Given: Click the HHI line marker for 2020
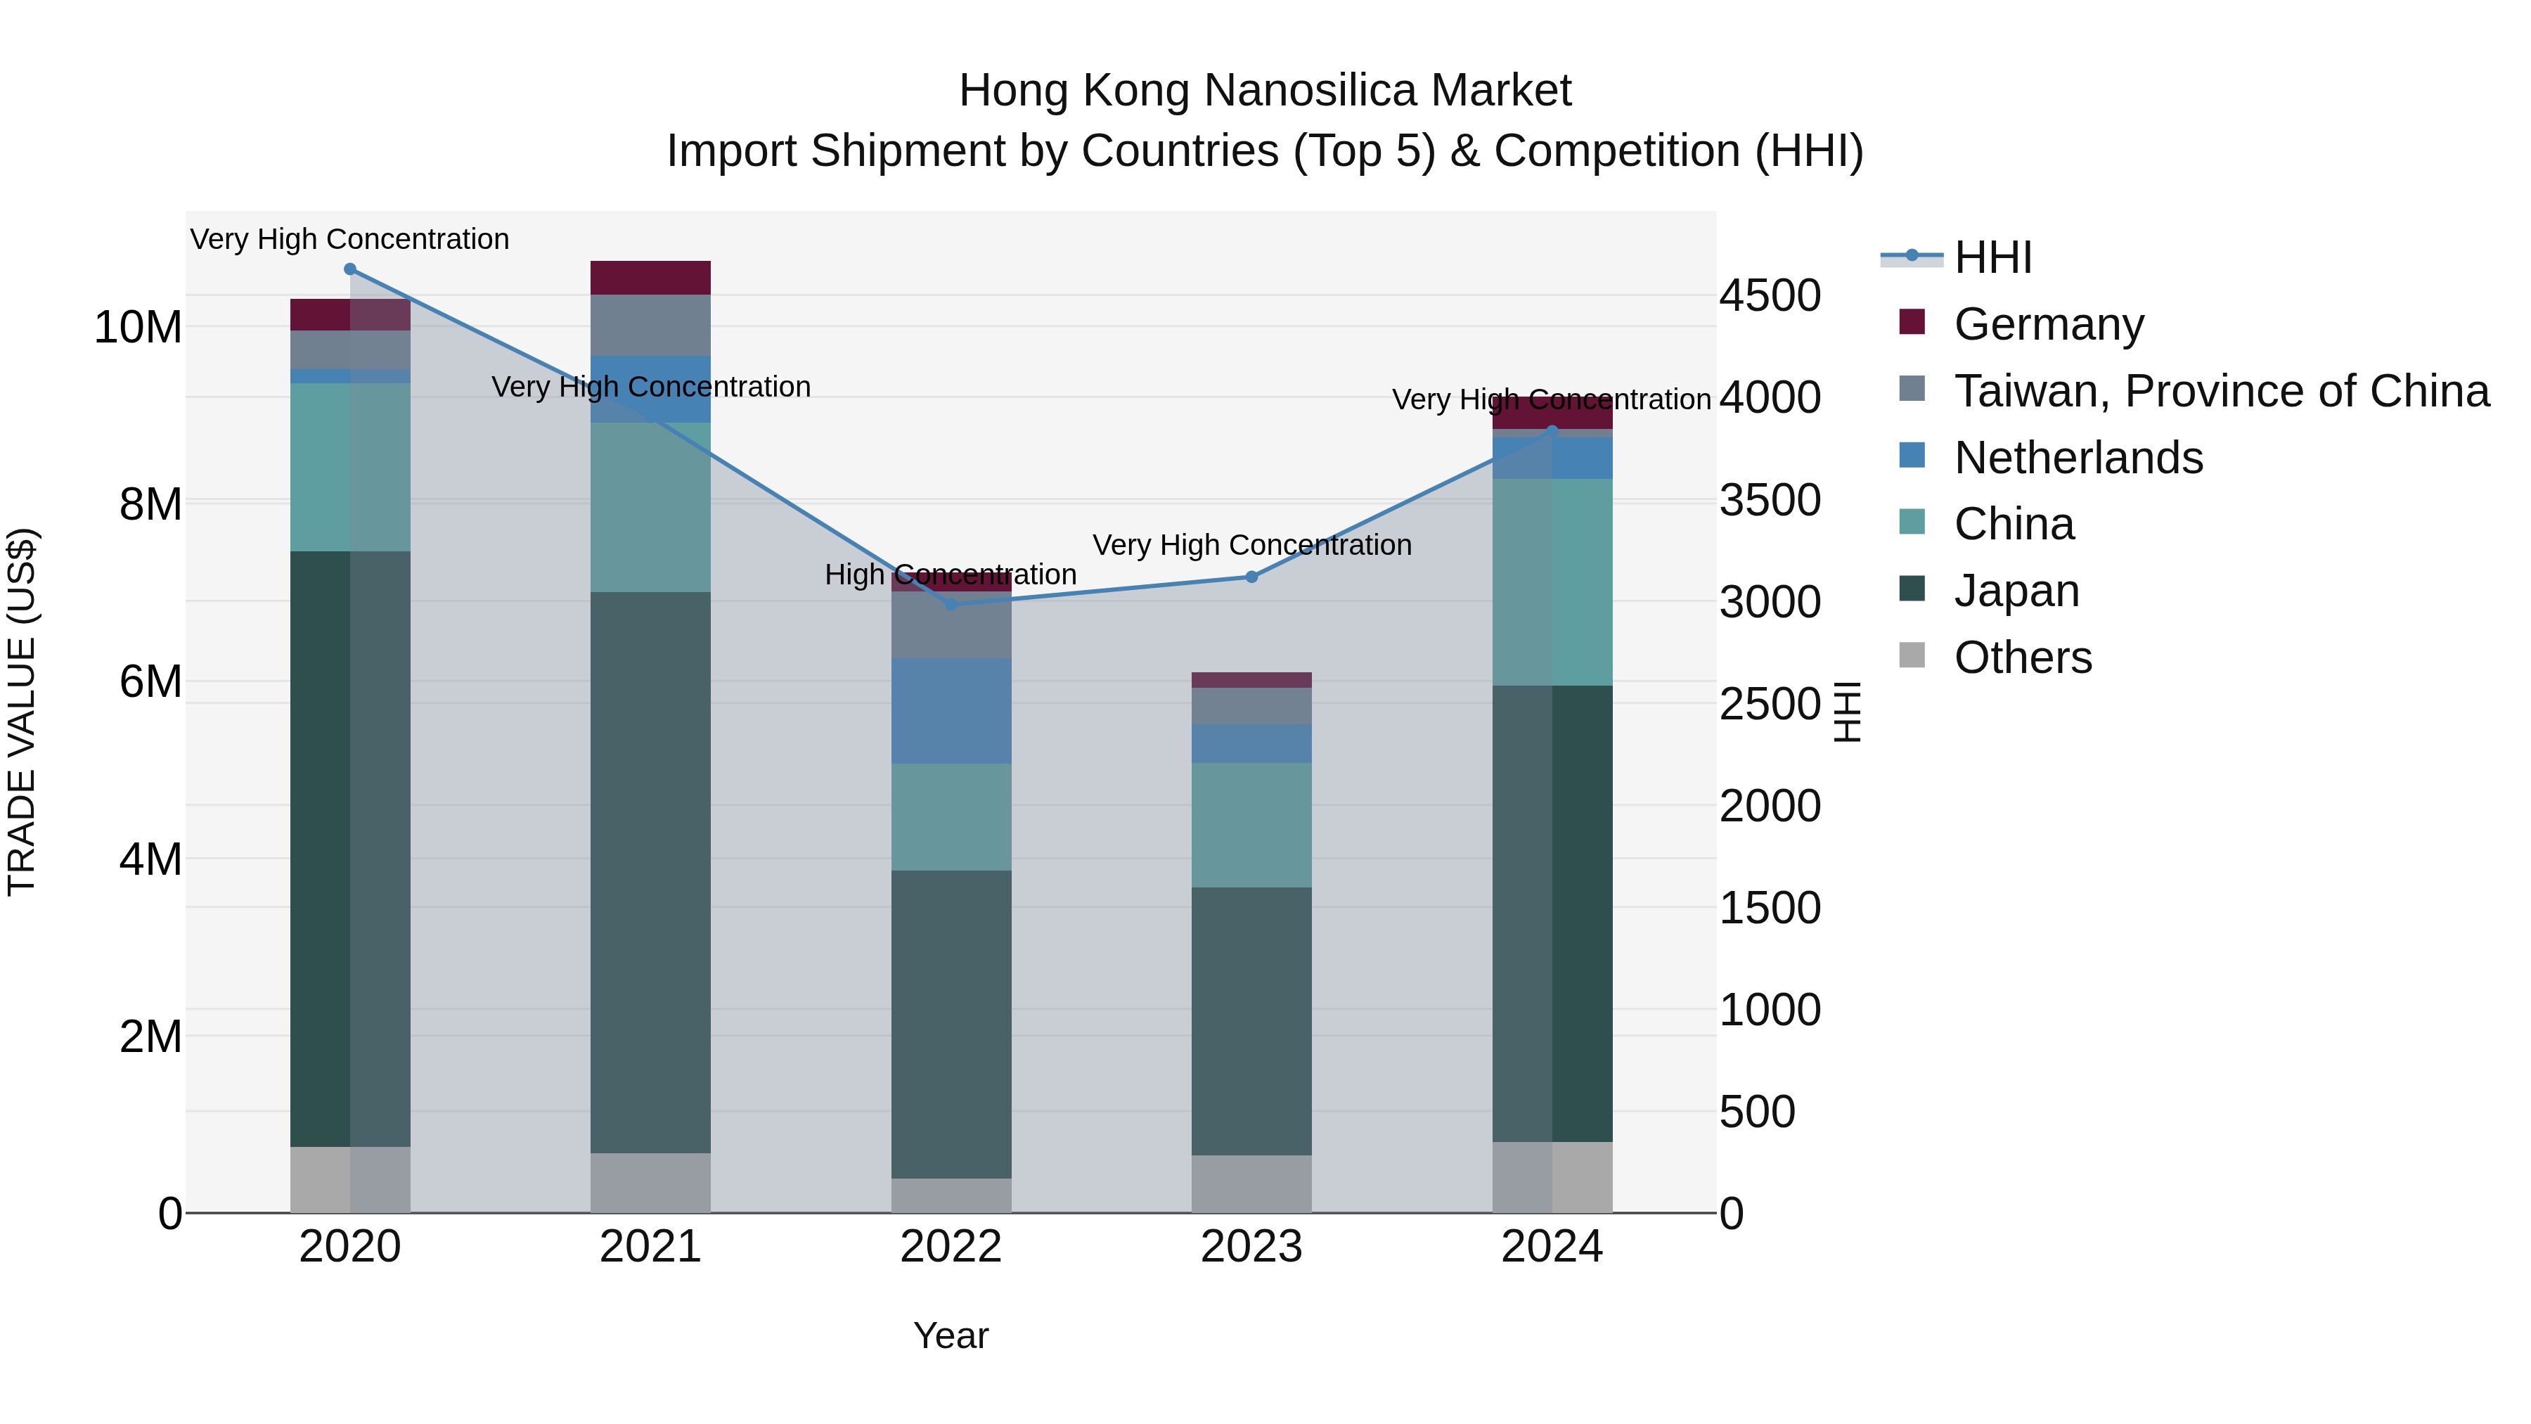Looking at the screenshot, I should (350, 269).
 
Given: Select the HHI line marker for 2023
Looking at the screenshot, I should (1251, 577).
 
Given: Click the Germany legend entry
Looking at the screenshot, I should (2049, 324).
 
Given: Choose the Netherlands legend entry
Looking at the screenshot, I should (2078, 458).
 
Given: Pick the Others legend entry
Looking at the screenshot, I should (2022, 658).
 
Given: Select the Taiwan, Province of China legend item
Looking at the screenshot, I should (2220, 391).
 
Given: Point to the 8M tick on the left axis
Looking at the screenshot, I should (150, 504).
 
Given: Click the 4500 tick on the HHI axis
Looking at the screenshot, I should (1770, 296).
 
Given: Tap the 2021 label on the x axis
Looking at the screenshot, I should (650, 1247).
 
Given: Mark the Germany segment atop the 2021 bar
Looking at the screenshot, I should (650, 278).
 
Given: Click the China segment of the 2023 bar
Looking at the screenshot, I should (1251, 826).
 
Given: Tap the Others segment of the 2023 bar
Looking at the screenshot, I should (1251, 1184).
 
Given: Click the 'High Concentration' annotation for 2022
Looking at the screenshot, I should (950, 575).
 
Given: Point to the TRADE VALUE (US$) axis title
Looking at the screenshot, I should (22, 712).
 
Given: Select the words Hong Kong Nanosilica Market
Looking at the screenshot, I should (1265, 91).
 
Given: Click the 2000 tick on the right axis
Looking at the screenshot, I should (1770, 806).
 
